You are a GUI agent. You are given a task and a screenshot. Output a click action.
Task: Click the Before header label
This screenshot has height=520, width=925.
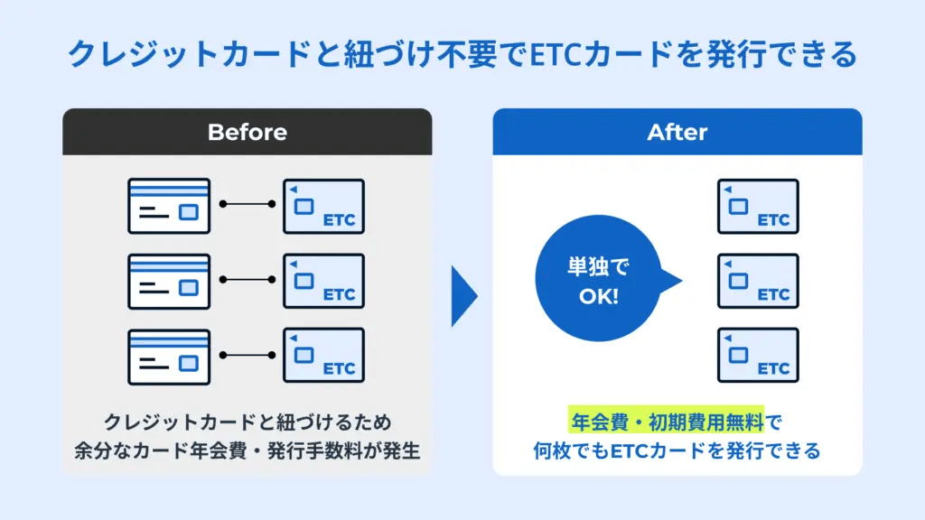click(x=247, y=132)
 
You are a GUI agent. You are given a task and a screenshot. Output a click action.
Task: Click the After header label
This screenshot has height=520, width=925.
click(x=677, y=132)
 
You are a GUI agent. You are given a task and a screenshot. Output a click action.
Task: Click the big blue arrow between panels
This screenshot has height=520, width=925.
click(x=463, y=295)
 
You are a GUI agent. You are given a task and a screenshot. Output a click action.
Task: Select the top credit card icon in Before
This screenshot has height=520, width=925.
click(x=169, y=206)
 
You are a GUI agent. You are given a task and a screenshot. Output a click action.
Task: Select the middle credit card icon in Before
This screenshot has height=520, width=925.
click(x=169, y=281)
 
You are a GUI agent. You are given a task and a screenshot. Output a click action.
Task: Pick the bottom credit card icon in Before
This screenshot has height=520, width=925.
click(x=169, y=356)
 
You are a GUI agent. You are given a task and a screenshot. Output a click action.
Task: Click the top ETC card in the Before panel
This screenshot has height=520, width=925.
click(x=323, y=206)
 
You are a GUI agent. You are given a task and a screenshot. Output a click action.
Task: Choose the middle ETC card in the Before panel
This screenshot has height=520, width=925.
click(x=323, y=281)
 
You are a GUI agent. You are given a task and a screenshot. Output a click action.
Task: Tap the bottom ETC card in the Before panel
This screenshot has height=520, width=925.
click(x=323, y=356)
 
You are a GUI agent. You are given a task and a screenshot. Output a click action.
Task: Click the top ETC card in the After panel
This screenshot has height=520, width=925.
click(x=758, y=206)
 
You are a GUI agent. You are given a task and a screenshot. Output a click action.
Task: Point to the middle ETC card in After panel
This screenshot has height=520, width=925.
click(x=758, y=281)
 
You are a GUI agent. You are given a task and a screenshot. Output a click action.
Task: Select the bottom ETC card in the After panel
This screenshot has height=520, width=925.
click(x=758, y=356)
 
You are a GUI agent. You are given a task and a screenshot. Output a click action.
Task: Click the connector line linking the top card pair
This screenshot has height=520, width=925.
click(x=247, y=204)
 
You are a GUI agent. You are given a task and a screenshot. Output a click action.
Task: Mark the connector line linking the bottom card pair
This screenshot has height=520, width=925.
click(x=247, y=354)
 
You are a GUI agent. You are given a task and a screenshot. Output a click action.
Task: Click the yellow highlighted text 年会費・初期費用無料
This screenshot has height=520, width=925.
click(x=666, y=420)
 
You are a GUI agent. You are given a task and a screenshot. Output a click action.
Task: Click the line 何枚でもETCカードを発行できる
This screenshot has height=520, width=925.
click(x=677, y=450)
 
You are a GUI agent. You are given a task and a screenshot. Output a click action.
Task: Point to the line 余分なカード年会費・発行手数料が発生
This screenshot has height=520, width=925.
click(x=247, y=450)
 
